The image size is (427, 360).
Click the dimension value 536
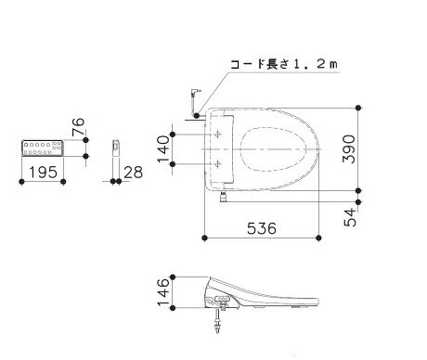(x=262, y=228)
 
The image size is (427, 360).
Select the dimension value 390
(x=349, y=148)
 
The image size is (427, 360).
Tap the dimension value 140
(x=163, y=149)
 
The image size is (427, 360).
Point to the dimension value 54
(x=350, y=217)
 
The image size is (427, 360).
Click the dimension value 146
(x=163, y=292)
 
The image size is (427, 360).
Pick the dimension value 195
(x=43, y=173)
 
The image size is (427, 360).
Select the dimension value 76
(x=78, y=127)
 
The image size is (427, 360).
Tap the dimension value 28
(x=133, y=173)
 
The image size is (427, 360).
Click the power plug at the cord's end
(x=196, y=92)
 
